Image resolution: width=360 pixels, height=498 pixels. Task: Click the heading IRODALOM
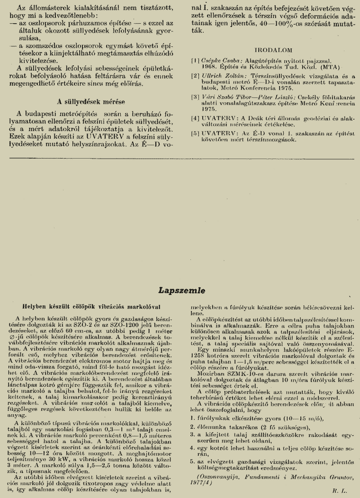pyautogui.click(x=273, y=50)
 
